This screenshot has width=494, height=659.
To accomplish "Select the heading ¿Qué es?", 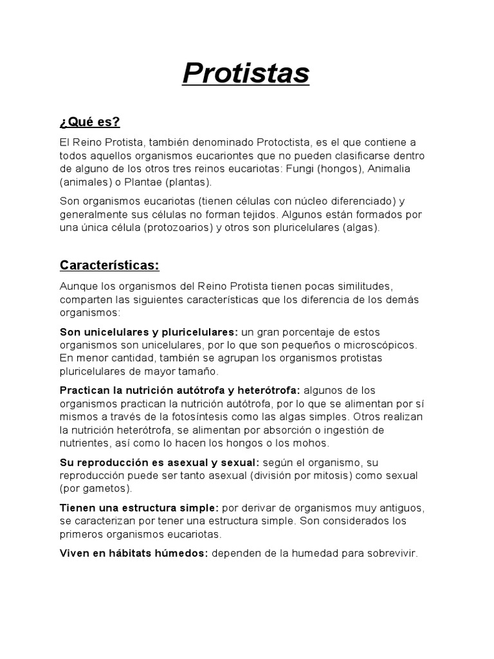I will click(x=90, y=122).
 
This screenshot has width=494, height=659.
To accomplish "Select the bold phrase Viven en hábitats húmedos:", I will click(x=134, y=553).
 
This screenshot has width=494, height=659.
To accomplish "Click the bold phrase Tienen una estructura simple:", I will click(x=140, y=508).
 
